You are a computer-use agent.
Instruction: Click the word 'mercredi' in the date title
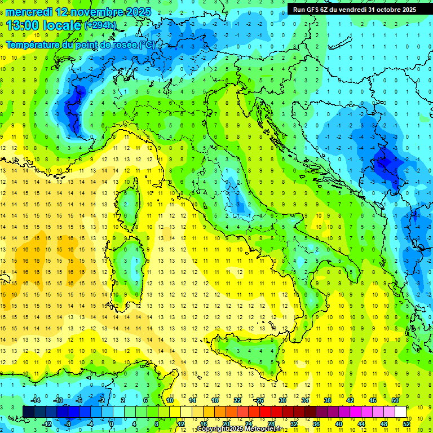click(x=29, y=11)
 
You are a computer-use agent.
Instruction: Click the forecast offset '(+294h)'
click(x=101, y=26)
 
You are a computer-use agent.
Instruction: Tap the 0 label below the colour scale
click(x=112, y=423)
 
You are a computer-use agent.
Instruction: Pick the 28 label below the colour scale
click(x=271, y=423)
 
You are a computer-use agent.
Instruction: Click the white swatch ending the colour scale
click(x=401, y=412)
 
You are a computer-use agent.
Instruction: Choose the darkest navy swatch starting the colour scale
click(x=29, y=412)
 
